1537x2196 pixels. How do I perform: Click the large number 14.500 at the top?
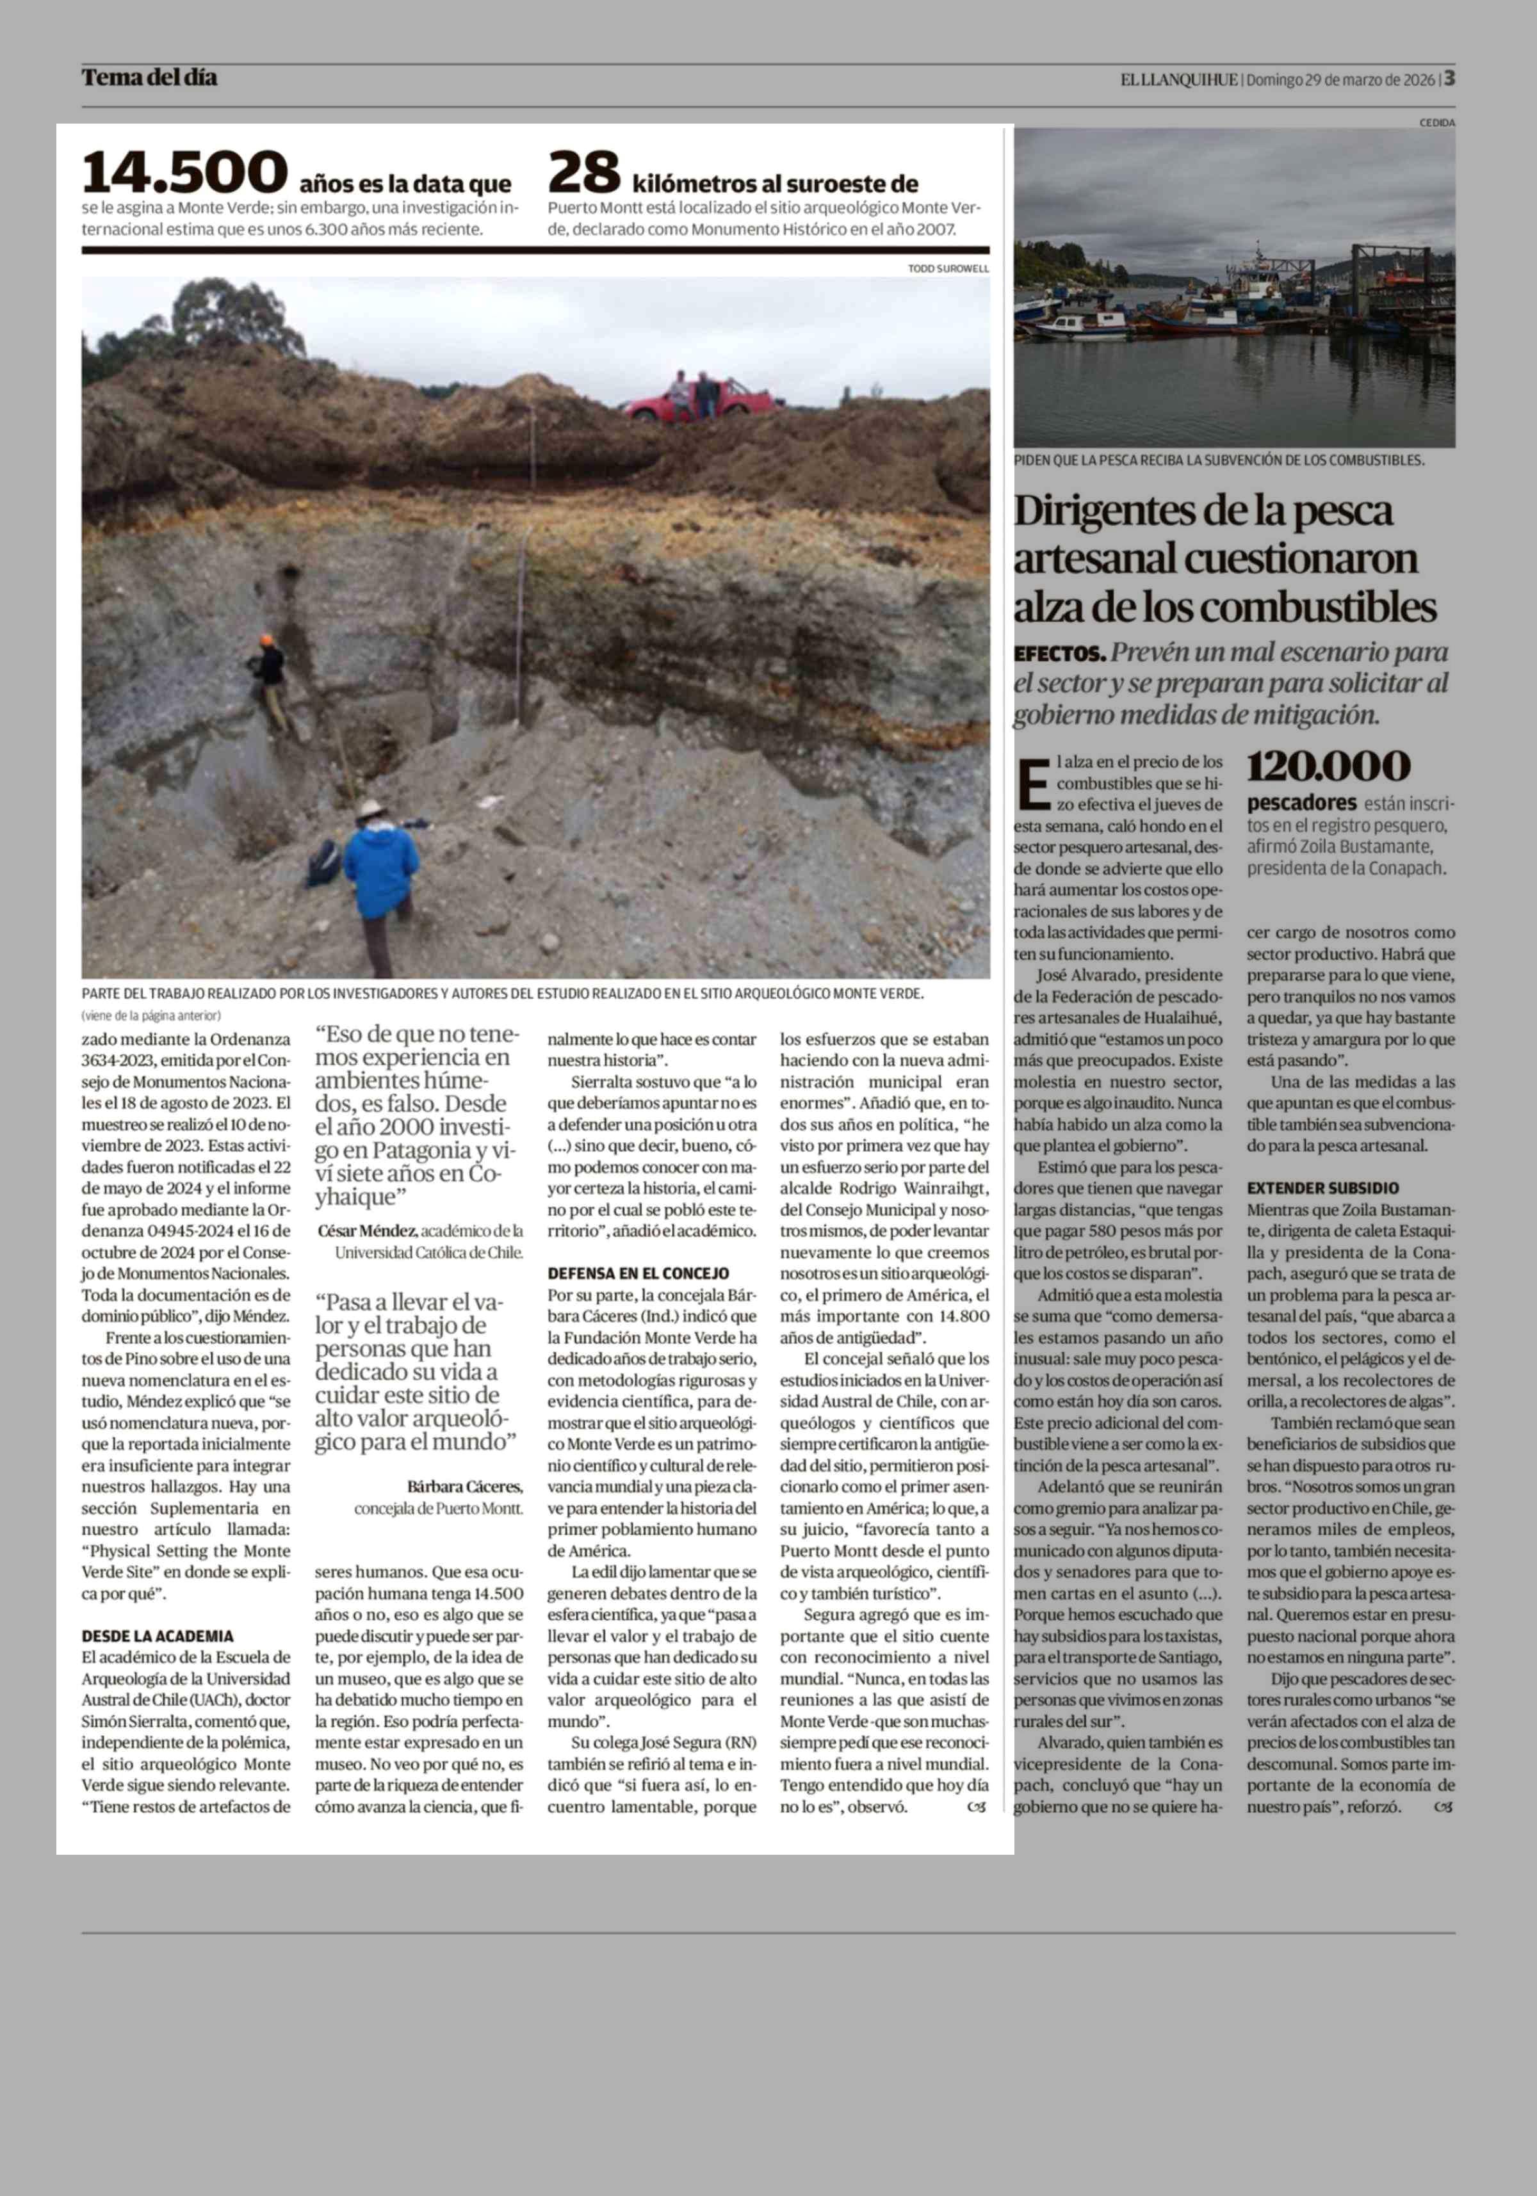pos(184,172)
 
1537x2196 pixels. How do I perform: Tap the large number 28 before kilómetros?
pos(583,172)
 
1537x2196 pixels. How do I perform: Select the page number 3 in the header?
pos(1450,78)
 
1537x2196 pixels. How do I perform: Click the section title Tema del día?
pos(149,77)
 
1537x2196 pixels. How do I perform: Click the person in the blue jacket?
pos(380,872)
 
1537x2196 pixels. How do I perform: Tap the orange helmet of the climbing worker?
pos(268,640)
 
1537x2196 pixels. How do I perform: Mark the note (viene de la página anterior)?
pos(151,1015)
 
